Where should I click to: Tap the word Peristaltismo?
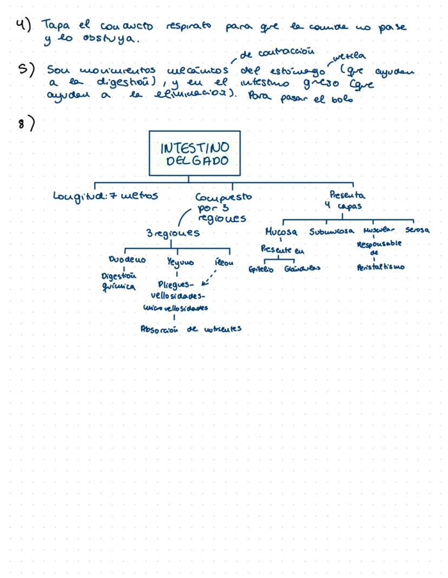tap(381, 268)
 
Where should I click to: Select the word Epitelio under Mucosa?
tap(261, 269)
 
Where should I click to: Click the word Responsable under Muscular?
tap(379, 244)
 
